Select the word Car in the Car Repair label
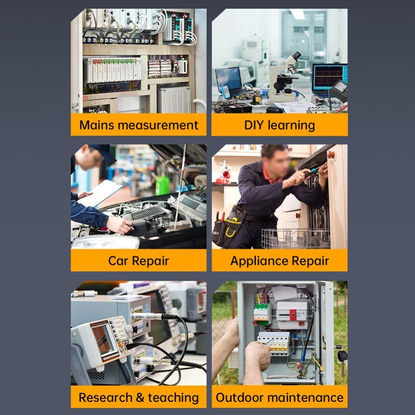119,261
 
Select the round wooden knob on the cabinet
331,154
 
